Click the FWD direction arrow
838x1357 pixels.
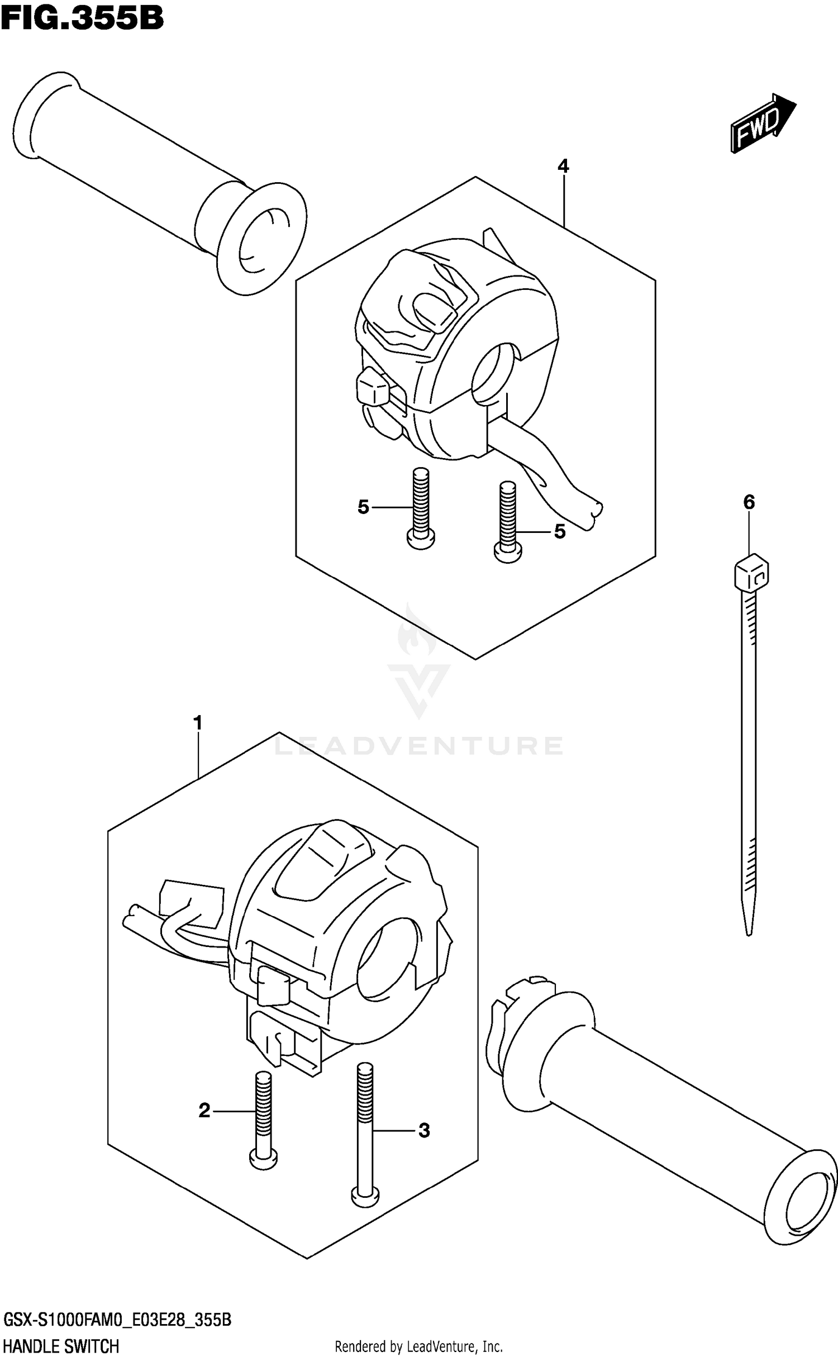[762, 122]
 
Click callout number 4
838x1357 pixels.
[563, 166]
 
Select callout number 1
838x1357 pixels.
[197, 723]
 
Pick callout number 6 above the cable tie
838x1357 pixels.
[749, 502]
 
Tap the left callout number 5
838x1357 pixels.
[364, 507]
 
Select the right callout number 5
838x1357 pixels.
[560, 531]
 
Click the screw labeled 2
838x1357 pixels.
[263, 1117]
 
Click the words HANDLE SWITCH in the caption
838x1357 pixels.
[61, 1345]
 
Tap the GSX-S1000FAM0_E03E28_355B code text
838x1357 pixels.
[117, 1320]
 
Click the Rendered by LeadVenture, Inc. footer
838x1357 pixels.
[418, 1346]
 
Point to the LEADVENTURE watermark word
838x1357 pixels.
[419, 746]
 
